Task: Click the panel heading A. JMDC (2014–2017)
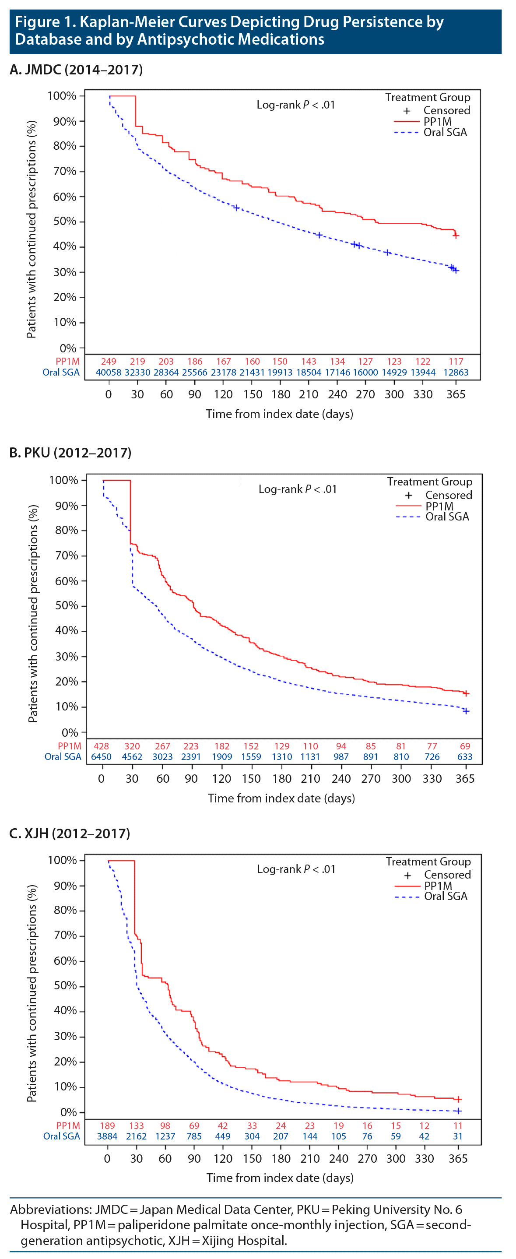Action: coord(76,70)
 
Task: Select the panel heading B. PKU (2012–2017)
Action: coord(70,453)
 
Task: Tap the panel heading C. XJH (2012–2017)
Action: coord(70,833)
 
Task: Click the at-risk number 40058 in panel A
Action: coord(109,373)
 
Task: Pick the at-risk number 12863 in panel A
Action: coord(456,373)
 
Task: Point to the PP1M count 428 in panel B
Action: coord(101,746)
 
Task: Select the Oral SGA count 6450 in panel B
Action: coord(101,756)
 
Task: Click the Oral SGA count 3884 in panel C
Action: coord(107,1136)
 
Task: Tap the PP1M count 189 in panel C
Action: coord(107,1125)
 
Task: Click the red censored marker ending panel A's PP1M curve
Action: coord(456,236)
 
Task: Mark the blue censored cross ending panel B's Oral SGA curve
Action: coord(466,711)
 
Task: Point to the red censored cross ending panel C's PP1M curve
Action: coord(458,1099)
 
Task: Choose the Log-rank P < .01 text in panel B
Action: coord(297,489)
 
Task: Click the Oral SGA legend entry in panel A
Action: coord(445,133)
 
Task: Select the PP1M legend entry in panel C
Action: coord(438,886)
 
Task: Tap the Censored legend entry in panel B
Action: coord(449,495)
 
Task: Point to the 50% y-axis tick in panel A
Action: coord(65,222)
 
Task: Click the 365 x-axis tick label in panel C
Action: coord(458,1159)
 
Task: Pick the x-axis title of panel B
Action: coord(281,798)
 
